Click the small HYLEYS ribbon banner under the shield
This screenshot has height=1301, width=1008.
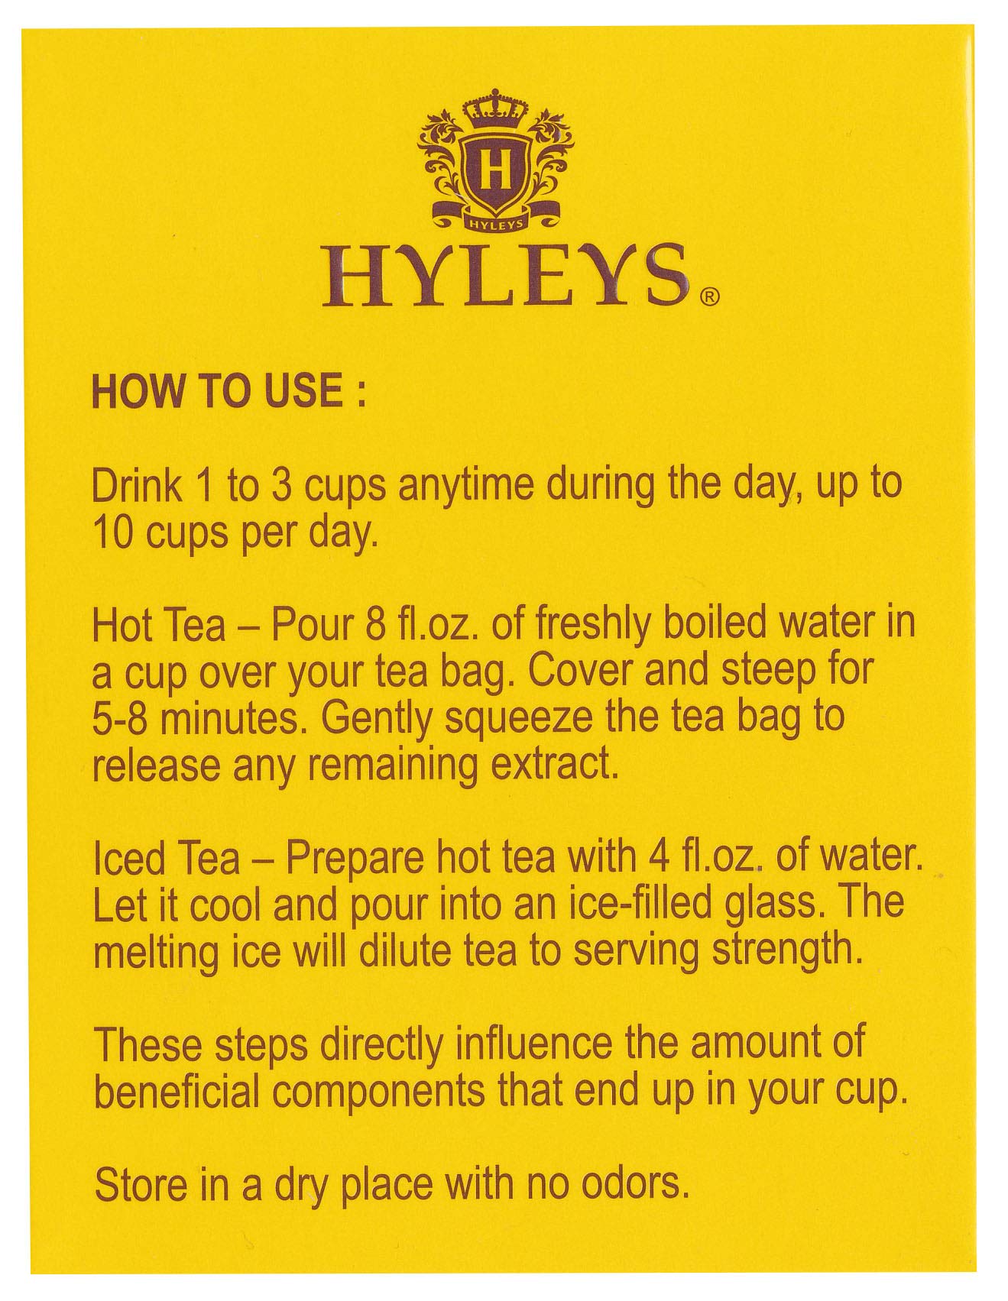496,224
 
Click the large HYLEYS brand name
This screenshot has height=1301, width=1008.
504,276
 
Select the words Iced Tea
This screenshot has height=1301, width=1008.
166,859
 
